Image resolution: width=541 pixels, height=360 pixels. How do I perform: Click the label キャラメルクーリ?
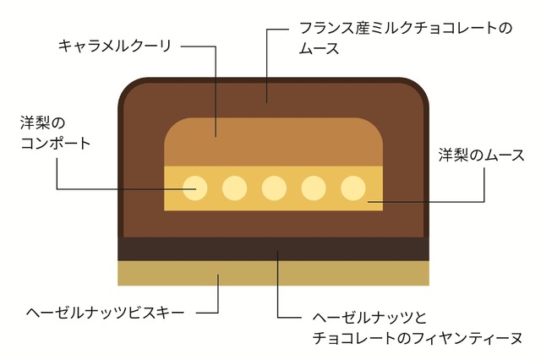(x=115, y=46)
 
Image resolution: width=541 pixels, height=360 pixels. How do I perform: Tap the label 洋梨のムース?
(x=482, y=155)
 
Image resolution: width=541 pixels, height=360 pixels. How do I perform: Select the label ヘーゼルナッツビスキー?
(x=106, y=313)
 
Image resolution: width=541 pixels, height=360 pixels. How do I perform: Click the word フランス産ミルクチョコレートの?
(x=406, y=28)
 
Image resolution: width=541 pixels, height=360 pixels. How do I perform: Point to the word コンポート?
(x=56, y=143)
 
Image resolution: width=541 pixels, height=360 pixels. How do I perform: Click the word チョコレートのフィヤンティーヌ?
(x=418, y=338)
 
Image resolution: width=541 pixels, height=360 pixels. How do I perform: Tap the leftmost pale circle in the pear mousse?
(x=195, y=188)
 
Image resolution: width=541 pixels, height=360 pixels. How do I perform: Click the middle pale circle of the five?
(x=274, y=188)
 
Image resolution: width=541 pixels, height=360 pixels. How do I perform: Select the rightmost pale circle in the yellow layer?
(x=353, y=188)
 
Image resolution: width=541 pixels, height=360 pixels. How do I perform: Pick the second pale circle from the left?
(x=235, y=188)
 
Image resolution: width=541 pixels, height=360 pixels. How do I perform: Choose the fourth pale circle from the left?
(x=314, y=188)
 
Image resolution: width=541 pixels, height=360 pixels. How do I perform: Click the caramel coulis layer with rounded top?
(x=273, y=142)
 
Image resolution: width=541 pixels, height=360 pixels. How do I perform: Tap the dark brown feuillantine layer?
(x=273, y=249)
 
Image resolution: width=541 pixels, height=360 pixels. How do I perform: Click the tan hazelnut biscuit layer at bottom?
(x=273, y=273)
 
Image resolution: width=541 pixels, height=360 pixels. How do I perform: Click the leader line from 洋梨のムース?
(x=484, y=201)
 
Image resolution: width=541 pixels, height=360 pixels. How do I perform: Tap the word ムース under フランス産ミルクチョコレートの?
(x=320, y=49)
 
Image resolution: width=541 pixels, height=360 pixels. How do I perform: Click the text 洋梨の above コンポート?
(x=42, y=123)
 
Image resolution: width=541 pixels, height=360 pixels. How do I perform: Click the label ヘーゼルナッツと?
(x=369, y=317)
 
